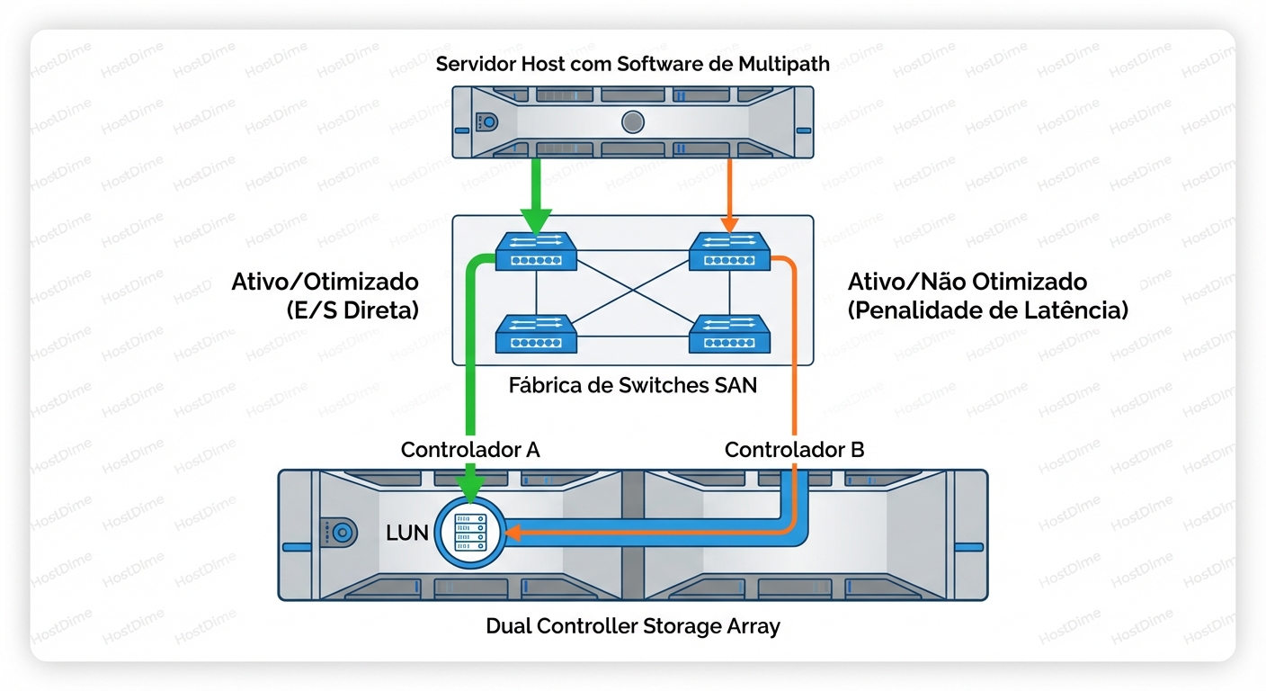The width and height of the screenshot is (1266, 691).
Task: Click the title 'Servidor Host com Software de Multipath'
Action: click(632, 64)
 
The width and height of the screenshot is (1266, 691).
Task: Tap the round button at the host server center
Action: click(632, 121)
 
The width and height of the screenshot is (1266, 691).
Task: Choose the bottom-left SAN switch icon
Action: click(536, 335)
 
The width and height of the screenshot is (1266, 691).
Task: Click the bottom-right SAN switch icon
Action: click(729, 335)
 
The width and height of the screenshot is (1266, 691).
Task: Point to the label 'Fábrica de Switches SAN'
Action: click(632, 386)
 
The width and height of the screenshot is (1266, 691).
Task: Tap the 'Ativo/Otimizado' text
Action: click(325, 282)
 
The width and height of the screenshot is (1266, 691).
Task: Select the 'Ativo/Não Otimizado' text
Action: click(967, 282)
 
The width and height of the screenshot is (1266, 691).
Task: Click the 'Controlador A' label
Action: click(470, 450)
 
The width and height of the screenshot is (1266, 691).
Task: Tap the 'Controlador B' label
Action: click(794, 450)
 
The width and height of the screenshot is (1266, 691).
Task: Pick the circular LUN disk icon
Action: click(470, 533)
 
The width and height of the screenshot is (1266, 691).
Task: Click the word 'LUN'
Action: click(407, 533)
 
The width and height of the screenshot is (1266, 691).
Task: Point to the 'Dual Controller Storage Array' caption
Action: click(632, 626)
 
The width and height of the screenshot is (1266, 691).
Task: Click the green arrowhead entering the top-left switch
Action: click(536, 221)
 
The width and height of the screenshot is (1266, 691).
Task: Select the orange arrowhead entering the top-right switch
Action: click(729, 223)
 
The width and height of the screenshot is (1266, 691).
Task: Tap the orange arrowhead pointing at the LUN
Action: click(513, 534)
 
